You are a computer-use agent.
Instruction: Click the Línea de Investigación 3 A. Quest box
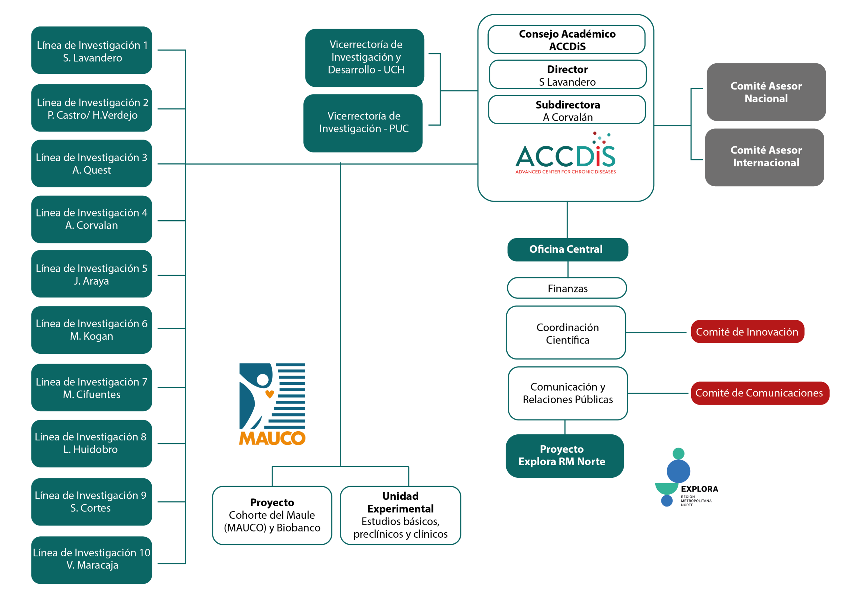click(x=91, y=163)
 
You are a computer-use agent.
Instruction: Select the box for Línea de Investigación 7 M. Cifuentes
click(x=91, y=388)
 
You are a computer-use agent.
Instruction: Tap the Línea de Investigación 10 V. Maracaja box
click(x=91, y=560)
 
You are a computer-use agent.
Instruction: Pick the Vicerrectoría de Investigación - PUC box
click(x=363, y=123)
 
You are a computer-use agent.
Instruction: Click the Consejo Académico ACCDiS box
click(x=567, y=40)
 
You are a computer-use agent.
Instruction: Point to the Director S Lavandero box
click(x=568, y=75)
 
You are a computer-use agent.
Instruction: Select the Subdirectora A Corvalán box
click(x=567, y=109)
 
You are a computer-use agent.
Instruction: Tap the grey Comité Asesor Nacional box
click(x=766, y=92)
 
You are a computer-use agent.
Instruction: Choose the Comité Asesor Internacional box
click(x=765, y=158)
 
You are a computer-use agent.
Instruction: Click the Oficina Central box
click(x=568, y=250)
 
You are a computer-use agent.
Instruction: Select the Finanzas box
click(x=567, y=288)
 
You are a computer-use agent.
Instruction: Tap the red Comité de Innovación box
click(x=748, y=331)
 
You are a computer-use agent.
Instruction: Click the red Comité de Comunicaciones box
click(x=760, y=393)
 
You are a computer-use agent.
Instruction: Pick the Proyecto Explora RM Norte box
click(x=565, y=456)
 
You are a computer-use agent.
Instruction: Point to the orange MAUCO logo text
click(x=272, y=438)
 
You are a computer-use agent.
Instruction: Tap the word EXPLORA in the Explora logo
click(x=699, y=489)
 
